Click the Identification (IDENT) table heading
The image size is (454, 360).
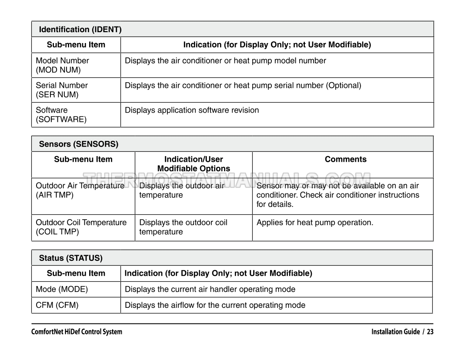[x=80, y=30]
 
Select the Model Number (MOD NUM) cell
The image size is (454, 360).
[x=62, y=65]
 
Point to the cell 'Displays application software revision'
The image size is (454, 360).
[x=192, y=110]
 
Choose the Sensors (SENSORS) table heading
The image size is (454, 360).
[x=79, y=144]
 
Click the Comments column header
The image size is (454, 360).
[x=345, y=160]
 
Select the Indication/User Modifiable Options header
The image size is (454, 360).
[x=194, y=164]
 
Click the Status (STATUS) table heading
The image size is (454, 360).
[x=71, y=258]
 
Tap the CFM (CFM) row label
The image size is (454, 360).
[x=57, y=305]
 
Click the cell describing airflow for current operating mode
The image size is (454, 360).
[x=215, y=305]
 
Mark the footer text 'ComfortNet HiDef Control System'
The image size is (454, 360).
[x=77, y=332]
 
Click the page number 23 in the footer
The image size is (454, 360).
[x=430, y=332]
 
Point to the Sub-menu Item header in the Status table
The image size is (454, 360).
[x=76, y=273]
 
